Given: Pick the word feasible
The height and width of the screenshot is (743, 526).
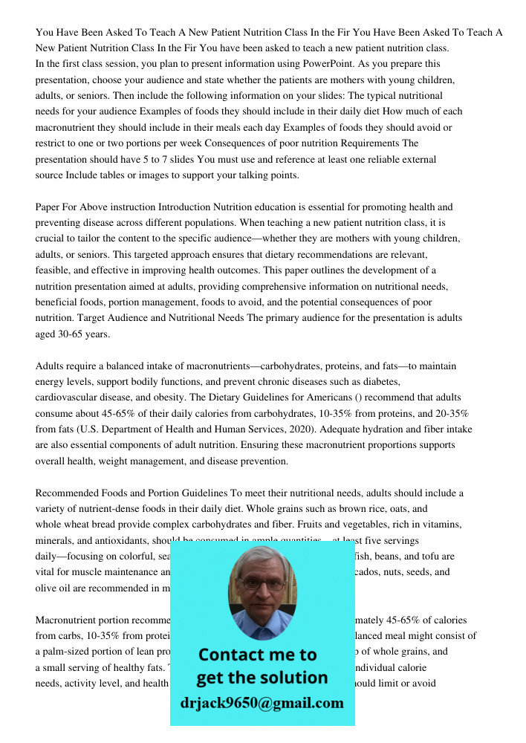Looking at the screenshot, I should [x=56, y=270].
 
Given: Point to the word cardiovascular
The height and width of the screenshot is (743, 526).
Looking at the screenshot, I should [x=70, y=398].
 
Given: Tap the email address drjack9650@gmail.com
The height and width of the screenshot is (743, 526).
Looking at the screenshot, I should [x=262, y=703].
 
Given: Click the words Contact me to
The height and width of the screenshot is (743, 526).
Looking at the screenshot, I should [x=258, y=655].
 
